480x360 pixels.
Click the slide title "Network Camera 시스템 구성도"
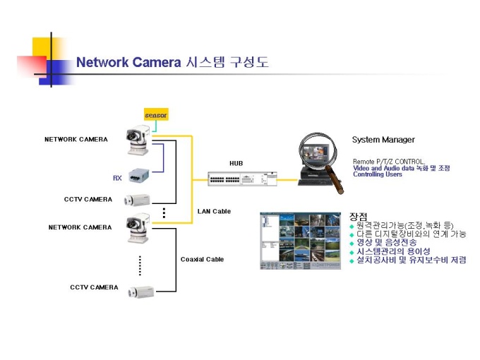click(172, 62)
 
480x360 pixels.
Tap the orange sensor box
click(156, 115)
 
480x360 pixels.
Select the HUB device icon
click(239, 178)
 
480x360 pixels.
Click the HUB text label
click(236, 163)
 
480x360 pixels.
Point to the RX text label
click(117, 178)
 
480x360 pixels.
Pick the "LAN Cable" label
click(214, 211)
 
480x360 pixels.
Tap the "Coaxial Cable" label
click(202, 259)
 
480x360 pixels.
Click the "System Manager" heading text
click(383, 140)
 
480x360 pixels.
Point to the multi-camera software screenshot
click(300, 240)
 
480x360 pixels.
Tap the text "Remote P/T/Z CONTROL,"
click(389, 162)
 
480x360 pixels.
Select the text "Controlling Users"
click(377, 174)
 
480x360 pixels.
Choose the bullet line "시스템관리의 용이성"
click(393, 251)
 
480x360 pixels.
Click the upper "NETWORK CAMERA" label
click(76, 139)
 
